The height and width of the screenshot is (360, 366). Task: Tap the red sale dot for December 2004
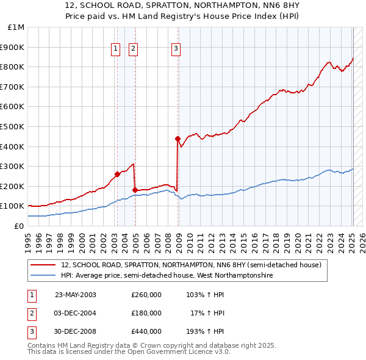pos(135,190)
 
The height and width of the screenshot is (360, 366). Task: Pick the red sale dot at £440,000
pos(178,139)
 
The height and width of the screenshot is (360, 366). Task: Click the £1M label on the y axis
pos(16,27)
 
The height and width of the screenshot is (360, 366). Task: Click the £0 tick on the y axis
pos(19,226)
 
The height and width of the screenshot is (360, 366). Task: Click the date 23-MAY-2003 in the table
pos(76,295)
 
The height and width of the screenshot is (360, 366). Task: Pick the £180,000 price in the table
pos(146,313)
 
